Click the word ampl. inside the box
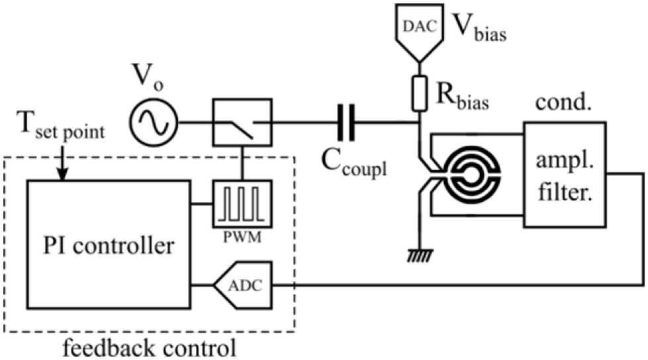tap(563, 158)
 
